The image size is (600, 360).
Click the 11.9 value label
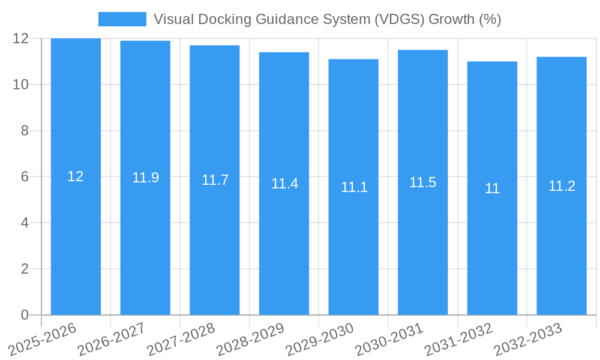145,178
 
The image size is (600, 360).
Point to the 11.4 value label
284,184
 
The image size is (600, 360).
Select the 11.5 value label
422,182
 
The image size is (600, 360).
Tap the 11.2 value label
562,186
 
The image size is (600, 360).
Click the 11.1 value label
354,187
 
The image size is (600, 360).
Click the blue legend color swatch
122,19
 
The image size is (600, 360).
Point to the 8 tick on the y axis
25,131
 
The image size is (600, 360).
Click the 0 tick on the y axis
25,315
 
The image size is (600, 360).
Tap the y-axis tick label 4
25,223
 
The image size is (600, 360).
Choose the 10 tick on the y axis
21,85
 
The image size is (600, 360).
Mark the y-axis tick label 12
21,38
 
